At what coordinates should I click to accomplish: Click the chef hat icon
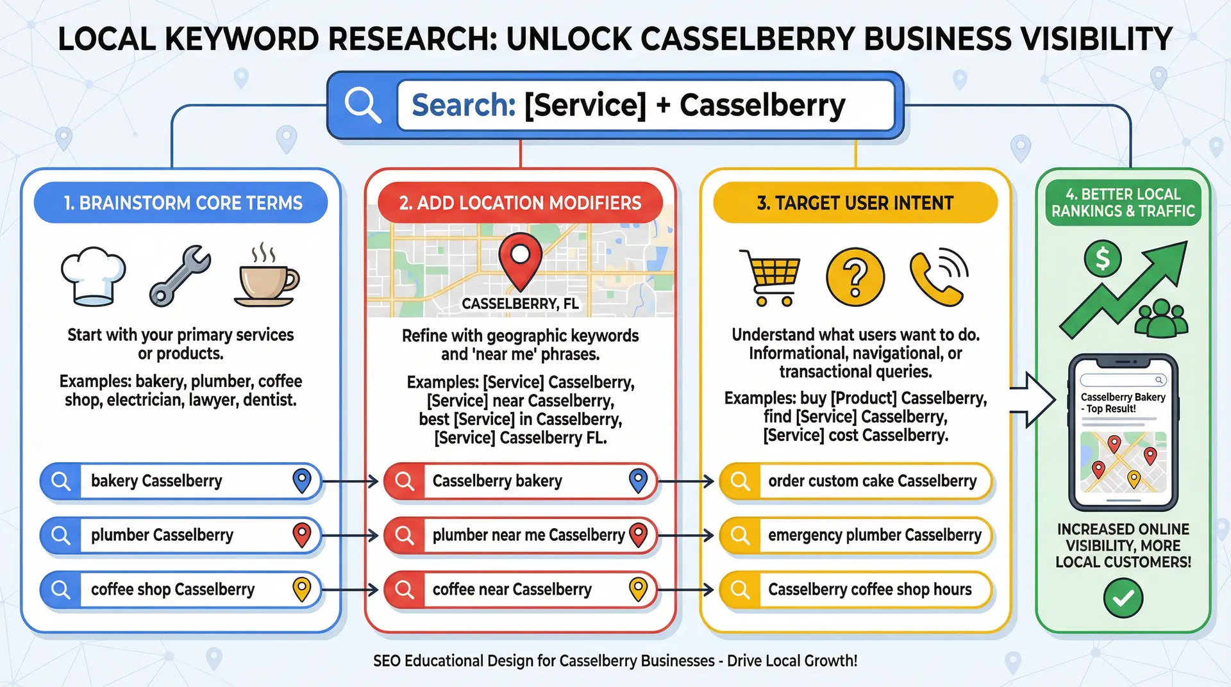[x=94, y=276]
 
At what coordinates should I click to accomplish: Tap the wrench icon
[x=180, y=276]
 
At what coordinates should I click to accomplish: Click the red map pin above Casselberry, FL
[x=520, y=260]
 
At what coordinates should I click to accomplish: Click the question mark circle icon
[x=855, y=277]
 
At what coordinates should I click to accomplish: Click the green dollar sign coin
[x=1102, y=259]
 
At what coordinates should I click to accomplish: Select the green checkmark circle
[x=1123, y=598]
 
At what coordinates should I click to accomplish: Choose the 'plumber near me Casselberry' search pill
[x=521, y=535]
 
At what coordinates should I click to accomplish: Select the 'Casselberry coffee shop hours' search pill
[x=856, y=590]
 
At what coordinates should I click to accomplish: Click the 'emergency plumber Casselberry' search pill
[x=856, y=535]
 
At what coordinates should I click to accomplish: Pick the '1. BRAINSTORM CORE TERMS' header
[x=181, y=203]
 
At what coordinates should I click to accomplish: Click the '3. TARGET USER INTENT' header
[x=855, y=203]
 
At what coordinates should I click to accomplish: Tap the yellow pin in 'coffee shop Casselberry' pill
[x=301, y=589]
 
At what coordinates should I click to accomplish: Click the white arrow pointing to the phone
[x=1032, y=400]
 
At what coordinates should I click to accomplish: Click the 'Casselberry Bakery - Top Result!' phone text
[x=1123, y=403]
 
